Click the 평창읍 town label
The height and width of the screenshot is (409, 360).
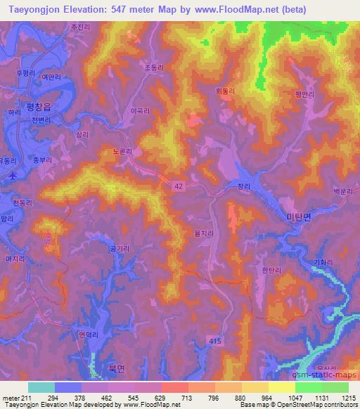(x=39, y=108)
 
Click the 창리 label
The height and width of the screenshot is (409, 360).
(x=243, y=186)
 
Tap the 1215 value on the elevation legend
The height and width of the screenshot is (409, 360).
(x=349, y=398)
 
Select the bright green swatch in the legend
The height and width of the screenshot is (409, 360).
(x=309, y=387)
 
